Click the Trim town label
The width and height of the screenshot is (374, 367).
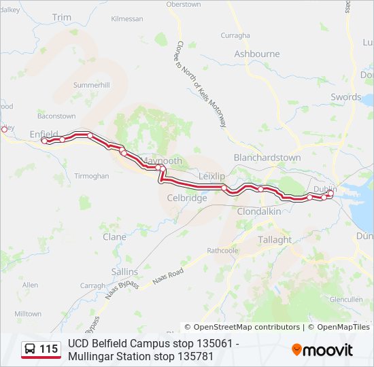(61, 17)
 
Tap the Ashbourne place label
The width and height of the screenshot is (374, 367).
(256, 54)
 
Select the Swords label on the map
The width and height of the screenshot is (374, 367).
(345, 97)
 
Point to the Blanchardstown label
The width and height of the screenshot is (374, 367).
(267, 158)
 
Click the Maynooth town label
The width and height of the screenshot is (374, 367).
(163, 160)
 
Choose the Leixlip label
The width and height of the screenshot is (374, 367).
(211, 176)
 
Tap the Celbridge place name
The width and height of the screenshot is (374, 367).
(186, 198)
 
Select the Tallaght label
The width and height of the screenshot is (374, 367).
(274, 240)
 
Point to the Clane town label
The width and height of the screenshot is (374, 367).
(114, 237)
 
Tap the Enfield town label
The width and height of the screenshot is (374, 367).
(44, 134)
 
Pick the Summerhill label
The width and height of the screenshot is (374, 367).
(91, 85)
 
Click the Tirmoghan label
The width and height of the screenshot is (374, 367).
(91, 176)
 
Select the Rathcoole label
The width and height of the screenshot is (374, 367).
(222, 250)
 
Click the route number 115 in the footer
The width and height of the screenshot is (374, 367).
(48, 349)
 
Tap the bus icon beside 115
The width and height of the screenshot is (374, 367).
(31, 349)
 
